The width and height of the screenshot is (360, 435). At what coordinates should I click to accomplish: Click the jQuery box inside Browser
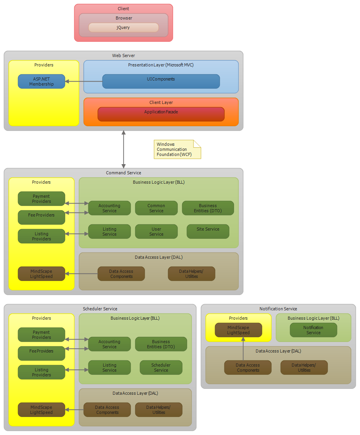(x=124, y=27)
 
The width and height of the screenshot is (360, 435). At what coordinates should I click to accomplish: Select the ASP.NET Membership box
(x=41, y=81)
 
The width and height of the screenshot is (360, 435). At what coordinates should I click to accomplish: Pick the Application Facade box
(x=161, y=114)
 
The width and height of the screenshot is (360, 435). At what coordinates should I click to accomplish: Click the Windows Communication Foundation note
(x=177, y=149)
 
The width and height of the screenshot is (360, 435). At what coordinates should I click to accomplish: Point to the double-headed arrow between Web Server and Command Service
(x=124, y=149)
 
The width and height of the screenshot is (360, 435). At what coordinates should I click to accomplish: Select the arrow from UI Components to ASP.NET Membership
(x=84, y=81)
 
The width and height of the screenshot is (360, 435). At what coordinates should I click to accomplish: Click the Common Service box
(x=156, y=208)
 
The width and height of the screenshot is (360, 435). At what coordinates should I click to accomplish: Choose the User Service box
(x=156, y=231)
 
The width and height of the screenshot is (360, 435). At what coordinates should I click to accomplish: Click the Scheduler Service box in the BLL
(x=161, y=367)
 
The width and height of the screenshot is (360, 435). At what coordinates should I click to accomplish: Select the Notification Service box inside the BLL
(x=313, y=330)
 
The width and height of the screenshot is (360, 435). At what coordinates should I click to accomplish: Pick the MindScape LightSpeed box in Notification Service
(x=238, y=330)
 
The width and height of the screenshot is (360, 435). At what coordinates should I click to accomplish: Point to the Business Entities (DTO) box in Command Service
(x=208, y=208)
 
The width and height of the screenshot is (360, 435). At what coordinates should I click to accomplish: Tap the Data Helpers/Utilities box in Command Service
(x=192, y=274)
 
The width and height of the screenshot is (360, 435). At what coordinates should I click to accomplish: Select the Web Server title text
(x=124, y=55)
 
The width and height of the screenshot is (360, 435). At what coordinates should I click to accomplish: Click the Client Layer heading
(x=161, y=102)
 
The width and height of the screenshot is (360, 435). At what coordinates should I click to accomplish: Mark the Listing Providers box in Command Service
(x=41, y=236)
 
